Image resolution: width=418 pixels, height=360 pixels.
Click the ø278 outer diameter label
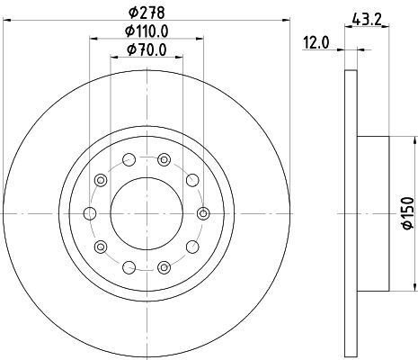pos(147,12)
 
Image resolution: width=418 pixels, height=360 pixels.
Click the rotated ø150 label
pos(406,212)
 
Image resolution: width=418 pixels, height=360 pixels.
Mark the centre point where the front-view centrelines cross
pos(147,213)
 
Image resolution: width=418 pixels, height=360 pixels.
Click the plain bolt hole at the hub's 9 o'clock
pos(89,213)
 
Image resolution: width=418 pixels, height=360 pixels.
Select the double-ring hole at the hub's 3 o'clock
pos(204,213)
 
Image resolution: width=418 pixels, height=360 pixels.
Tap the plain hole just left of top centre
pos(129,160)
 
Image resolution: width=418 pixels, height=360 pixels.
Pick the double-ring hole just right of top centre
pos(164,160)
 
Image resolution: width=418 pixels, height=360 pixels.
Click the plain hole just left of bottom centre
pos(129,266)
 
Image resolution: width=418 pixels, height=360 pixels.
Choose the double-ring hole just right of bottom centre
pos(164,266)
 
